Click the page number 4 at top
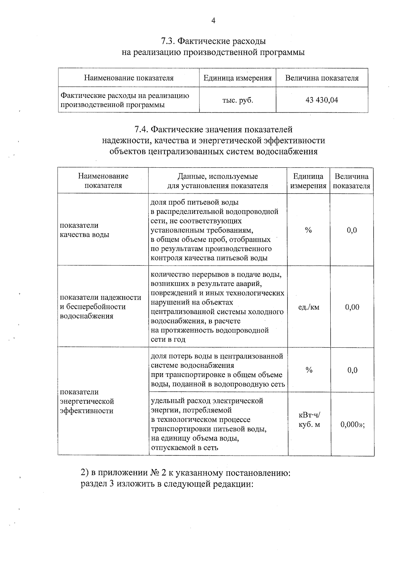[213, 21]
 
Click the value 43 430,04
[322, 100]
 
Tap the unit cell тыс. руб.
[238, 100]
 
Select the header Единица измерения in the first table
[238, 78]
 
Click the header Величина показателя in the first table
[322, 78]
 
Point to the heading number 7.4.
[141, 129]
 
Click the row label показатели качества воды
[84, 230]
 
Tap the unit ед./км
[309, 307]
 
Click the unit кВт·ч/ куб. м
[309, 420]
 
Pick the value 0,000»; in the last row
[352, 424]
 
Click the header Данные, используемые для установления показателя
[217, 181]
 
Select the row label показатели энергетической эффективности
[87, 401]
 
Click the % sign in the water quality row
[308, 230]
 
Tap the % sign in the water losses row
[309, 370]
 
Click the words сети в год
[168, 339]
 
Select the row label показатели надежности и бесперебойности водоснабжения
[100, 306]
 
